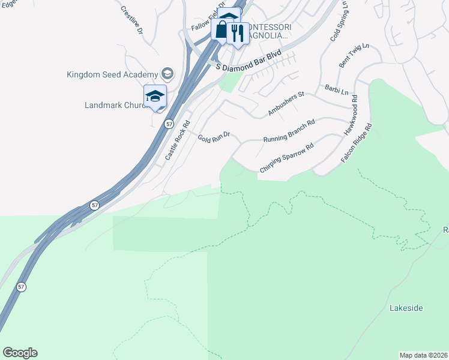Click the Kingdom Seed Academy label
(x=112, y=75)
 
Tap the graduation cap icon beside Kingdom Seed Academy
(x=167, y=74)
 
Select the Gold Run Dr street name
(x=214, y=137)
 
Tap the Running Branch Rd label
(x=289, y=132)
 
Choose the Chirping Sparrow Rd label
(x=286, y=158)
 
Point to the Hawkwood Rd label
(x=351, y=115)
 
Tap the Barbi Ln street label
(x=336, y=89)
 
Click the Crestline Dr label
(x=132, y=19)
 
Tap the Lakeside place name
(x=406, y=308)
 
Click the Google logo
(x=20, y=353)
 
